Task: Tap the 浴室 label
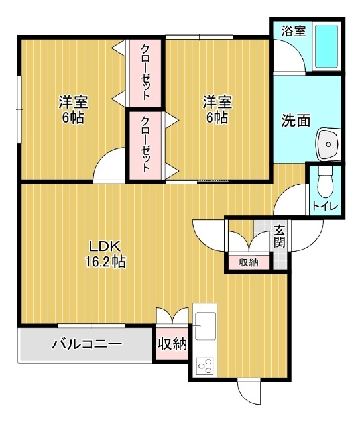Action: tap(294, 30)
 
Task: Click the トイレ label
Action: tap(325, 207)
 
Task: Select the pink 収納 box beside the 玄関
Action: tap(249, 262)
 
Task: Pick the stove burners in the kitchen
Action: tap(204, 366)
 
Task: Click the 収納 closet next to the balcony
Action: tap(172, 344)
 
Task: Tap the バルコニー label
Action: tap(86, 344)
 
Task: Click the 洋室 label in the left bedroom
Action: tap(73, 103)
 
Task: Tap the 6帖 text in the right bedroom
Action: tap(217, 118)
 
